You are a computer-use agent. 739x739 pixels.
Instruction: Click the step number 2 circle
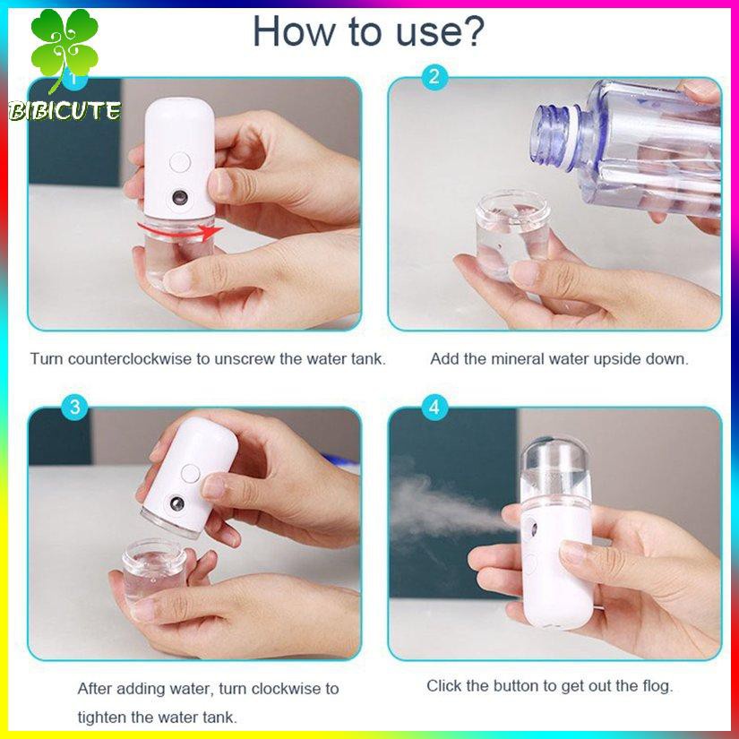click(x=434, y=77)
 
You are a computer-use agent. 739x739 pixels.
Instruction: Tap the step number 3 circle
click(x=75, y=408)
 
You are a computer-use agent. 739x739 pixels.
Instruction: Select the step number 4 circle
click(x=434, y=408)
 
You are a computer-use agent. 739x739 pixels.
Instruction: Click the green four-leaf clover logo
click(x=64, y=50)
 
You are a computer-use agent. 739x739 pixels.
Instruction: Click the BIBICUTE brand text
click(x=64, y=111)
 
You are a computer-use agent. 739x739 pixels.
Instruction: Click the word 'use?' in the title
click(x=437, y=31)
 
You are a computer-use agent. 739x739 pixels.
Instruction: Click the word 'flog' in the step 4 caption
click(x=653, y=686)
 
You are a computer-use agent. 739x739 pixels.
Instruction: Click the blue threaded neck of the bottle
click(x=555, y=134)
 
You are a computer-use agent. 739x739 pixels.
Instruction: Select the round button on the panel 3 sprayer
click(x=190, y=473)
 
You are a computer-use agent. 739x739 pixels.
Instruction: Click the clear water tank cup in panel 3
click(x=153, y=569)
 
